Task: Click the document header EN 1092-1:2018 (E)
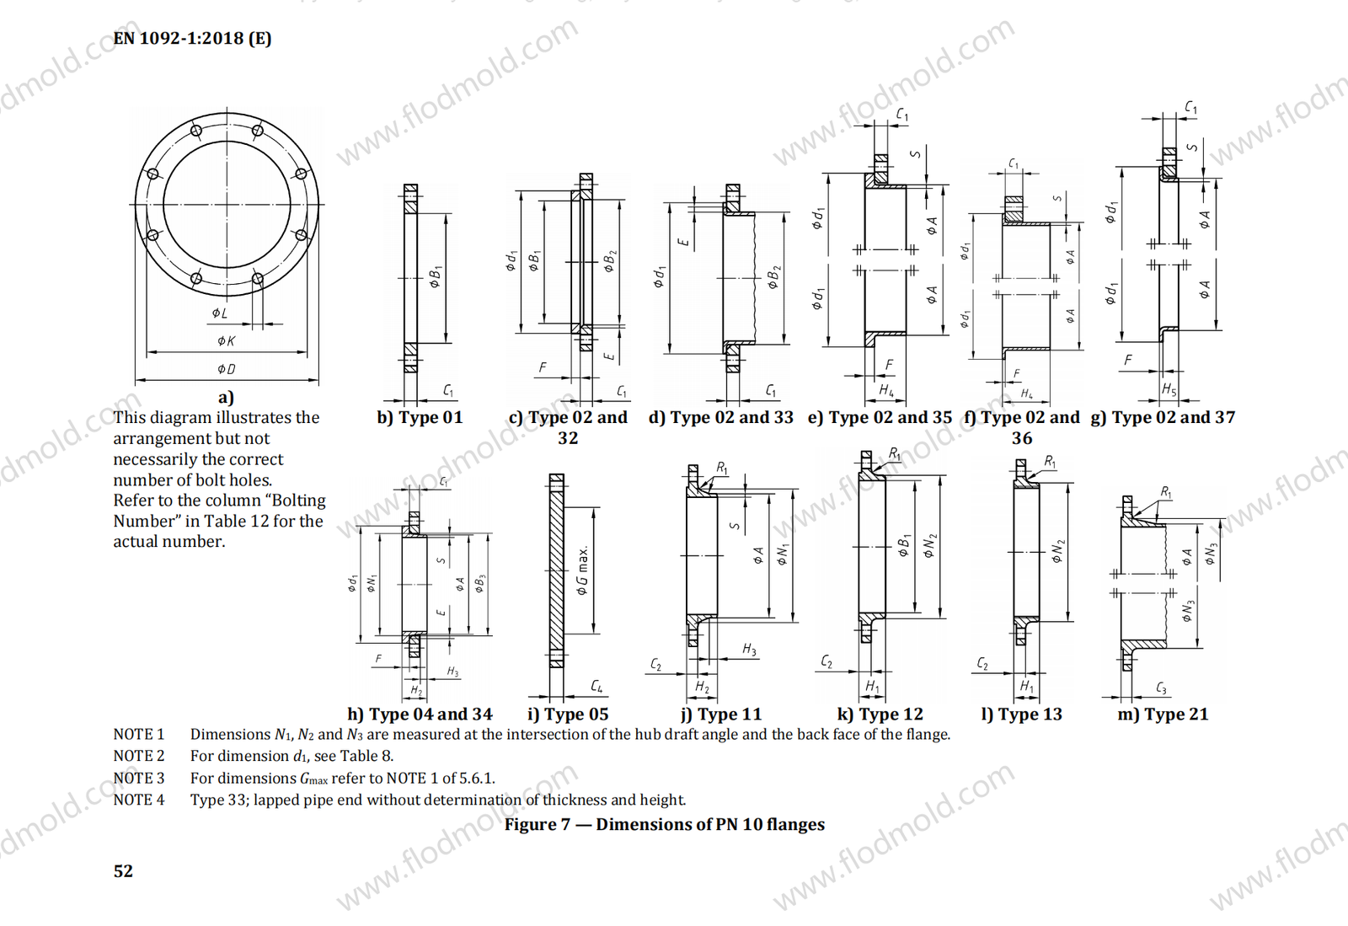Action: pos(192,39)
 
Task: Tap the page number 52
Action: pos(123,871)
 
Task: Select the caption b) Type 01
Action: pos(420,418)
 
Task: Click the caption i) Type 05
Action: pos(568,715)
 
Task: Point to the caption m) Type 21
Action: pos(1163,715)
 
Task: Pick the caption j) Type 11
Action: pos(721,715)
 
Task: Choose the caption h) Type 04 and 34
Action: pos(420,715)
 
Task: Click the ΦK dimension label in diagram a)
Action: pos(226,341)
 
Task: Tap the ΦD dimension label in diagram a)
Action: pos(226,369)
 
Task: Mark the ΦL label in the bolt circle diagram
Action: pos(219,313)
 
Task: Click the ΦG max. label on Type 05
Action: pos(582,570)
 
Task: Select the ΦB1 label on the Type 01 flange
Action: pos(435,276)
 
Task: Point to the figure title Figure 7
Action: pos(664,825)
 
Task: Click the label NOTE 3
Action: pos(139,779)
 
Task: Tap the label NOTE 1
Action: pos(139,735)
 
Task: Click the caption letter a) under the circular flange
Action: pos(226,398)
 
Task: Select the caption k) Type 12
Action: pos(880,715)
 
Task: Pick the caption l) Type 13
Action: pos(1021,715)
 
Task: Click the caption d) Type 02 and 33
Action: pos(720,418)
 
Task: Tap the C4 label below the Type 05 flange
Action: pos(596,687)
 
